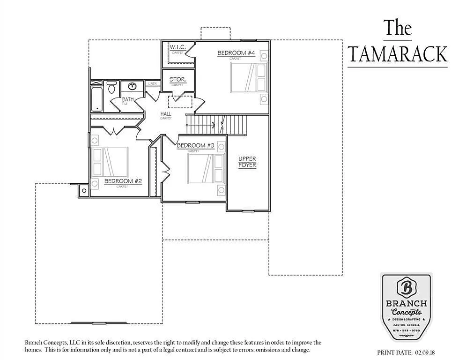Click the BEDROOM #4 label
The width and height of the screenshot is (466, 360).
point(236,53)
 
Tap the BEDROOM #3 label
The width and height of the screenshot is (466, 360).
point(195,146)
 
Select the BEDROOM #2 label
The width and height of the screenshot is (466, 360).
point(123,181)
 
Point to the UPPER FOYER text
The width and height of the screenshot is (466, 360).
point(247,162)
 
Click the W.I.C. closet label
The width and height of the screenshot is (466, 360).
point(178,47)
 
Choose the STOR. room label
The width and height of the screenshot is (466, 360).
point(178,80)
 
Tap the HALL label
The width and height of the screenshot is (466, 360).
point(166,114)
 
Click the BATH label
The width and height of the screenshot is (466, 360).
point(128,99)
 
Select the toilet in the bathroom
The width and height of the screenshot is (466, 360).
point(111,87)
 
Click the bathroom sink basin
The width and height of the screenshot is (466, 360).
point(133,86)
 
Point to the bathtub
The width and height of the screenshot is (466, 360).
point(96,99)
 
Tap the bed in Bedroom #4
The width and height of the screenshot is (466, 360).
point(248,77)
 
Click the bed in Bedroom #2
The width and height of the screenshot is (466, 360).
point(111,162)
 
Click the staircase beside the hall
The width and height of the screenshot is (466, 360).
point(216,124)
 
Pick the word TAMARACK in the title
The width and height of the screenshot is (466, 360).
point(397,54)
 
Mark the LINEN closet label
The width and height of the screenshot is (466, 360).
point(153,84)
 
